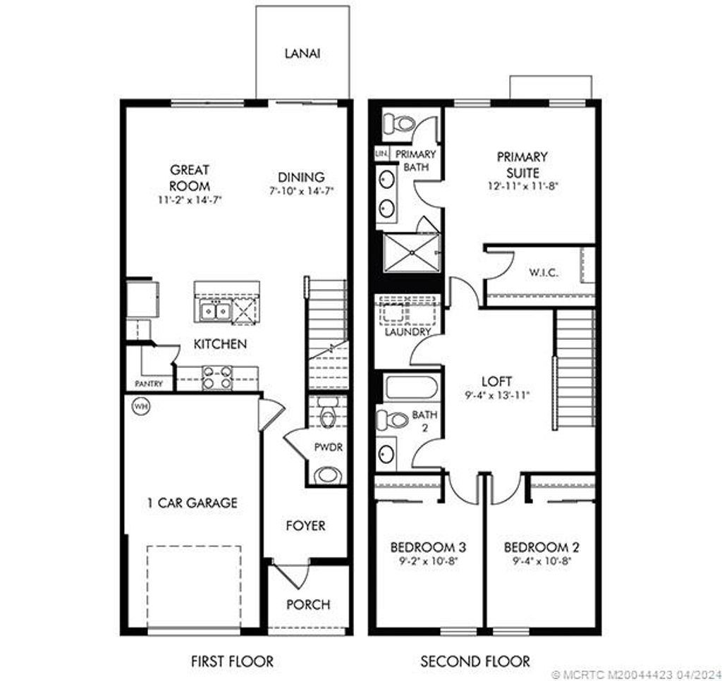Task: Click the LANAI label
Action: (302, 53)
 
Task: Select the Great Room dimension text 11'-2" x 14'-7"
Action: (190, 200)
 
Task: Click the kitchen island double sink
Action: (214, 310)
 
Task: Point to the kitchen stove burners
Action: (217, 378)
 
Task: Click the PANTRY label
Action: (149, 384)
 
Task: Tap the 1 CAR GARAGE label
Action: (192, 503)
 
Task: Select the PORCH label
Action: (308, 604)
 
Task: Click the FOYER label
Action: (305, 526)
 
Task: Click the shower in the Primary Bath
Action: (411, 252)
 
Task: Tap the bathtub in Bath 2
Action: (411, 388)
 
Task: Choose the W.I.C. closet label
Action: (543, 273)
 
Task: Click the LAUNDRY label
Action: (408, 331)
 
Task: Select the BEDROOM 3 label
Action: (428, 547)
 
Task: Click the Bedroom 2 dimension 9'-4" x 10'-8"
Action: (537, 561)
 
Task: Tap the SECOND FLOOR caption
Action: (475, 661)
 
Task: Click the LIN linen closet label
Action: (381, 153)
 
